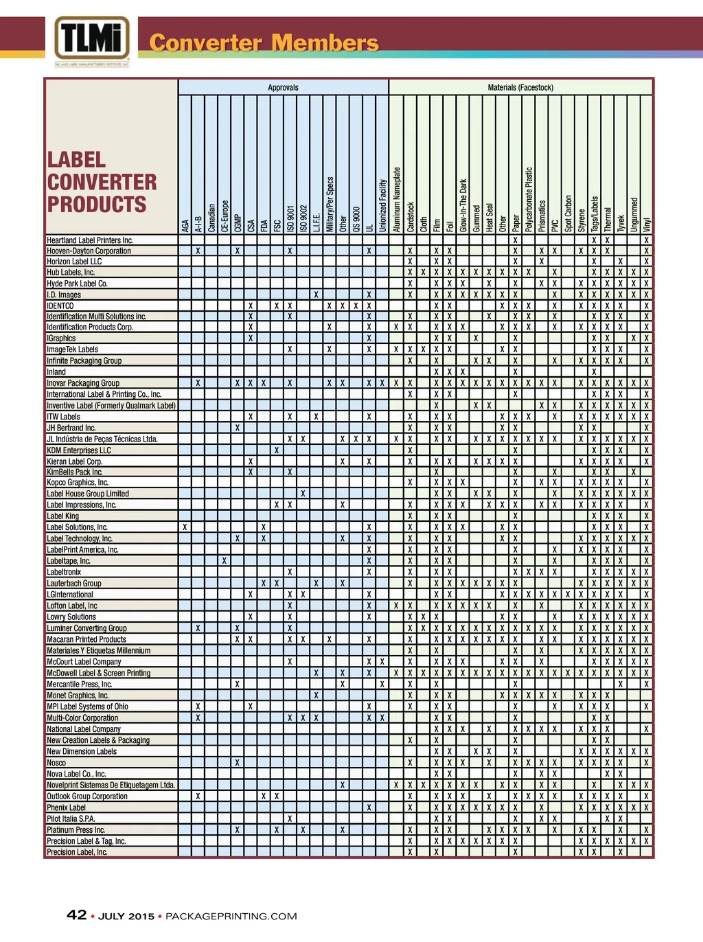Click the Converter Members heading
coord(264,43)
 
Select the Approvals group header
coord(283,88)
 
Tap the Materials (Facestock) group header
coord(520,88)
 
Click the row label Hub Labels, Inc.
coord(71,273)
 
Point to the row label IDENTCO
coord(60,306)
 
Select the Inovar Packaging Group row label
coord(83,383)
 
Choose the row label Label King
coord(63,516)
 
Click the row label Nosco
coord(56,763)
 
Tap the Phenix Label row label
coord(67,807)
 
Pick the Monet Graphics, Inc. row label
coord(78,696)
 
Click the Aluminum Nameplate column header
coord(397,199)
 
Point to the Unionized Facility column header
coord(383,205)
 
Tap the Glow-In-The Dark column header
coord(463,205)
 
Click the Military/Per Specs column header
coord(330,204)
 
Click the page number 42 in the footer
coord(76,915)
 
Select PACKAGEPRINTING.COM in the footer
coord(231,917)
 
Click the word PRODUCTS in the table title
coord(97,205)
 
